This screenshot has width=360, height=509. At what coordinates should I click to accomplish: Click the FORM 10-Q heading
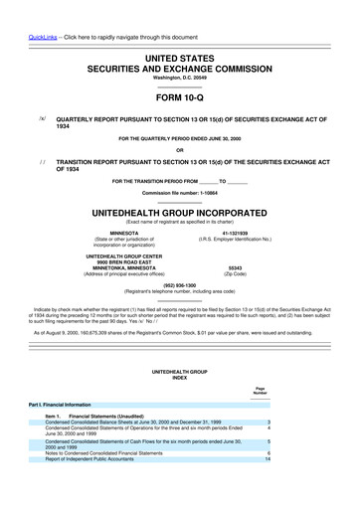point(179,100)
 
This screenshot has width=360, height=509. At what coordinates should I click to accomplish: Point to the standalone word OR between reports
point(179,151)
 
